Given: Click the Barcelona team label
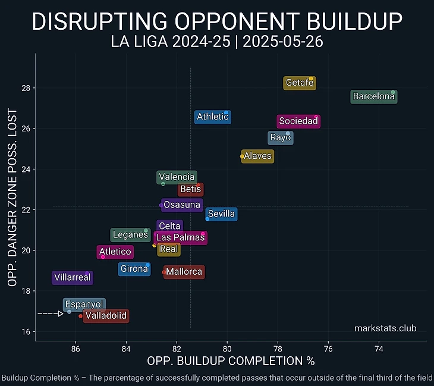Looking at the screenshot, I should pyautogui.click(x=373, y=96).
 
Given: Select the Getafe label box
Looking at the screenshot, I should pyautogui.click(x=299, y=83).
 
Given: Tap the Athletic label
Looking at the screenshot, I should pyautogui.click(x=212, y=117).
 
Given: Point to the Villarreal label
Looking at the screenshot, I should pyautogui.click(x=71, y=278).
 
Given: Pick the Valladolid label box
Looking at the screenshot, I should pyautogui.click(x=105, y=316).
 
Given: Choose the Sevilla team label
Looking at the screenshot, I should pyautogui.click(x=221, y=214).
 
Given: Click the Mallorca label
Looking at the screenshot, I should pyautogui.click(x=184, y=272).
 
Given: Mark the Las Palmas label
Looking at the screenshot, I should pyautogui.click(x=180, y=238).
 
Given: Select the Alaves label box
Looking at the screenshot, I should pyautogui.click(x=257, y=156).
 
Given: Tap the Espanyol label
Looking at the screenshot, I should pyautogui.click(x=84, y=305).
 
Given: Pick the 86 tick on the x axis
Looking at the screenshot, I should pyautogui.click(x=75, y=349).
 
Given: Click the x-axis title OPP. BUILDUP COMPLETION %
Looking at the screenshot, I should pyautogui.click(x=231, y=361).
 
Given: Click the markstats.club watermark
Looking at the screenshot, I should pyautogui.click(x=385, y=329).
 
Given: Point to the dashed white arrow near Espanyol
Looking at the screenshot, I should pyautogui.click(x=51, y=313).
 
